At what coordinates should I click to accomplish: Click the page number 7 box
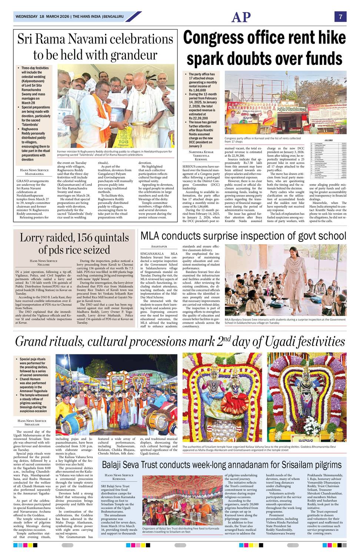click(340, 17)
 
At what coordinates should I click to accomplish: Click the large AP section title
click(241, 17)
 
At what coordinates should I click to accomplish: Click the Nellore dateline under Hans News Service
click(44, 265)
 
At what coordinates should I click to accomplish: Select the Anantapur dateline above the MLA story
click(159, 246)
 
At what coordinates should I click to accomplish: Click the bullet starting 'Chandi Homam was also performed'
click(33, 385)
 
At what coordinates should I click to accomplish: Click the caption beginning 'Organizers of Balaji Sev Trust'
click(180, 530)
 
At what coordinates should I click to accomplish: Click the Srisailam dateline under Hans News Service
click(32, 424)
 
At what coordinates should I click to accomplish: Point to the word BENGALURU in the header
click(114, 17)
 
